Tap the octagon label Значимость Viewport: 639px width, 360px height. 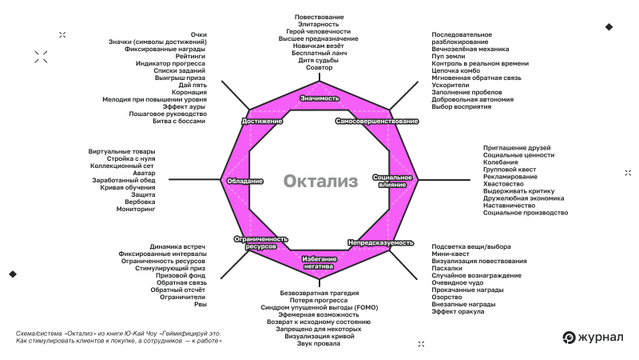[x=319, y=98]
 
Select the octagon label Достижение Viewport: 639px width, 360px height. [x=261, y=121]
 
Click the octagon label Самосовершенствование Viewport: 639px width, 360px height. [x=377, y=121]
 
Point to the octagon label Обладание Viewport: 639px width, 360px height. [x=245, y=181]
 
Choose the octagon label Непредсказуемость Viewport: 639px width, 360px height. [x=380, y=242]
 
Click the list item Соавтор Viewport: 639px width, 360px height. [x=319, y=67]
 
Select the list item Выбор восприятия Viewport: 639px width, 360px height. [x=462, y=106]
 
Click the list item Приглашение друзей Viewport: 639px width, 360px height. [x=518, y=147]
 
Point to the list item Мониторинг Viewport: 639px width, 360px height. [x=136, y=209]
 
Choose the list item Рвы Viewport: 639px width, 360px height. [x=200, y=304]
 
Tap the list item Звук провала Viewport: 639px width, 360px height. [x=319, y=343]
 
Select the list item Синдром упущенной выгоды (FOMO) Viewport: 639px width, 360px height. [x=319, y=307]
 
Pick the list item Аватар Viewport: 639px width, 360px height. [x=145, y=173]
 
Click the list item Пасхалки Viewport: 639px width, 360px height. [x=447, y=268]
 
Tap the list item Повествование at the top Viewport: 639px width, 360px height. [x=319, y=17]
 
